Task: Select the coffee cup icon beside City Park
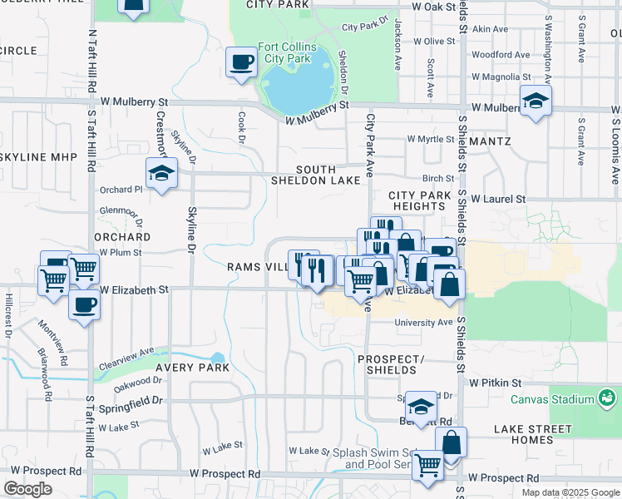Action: [x=241, y=62]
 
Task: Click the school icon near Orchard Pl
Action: [x=160, y=173]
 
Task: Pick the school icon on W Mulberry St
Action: [x=536, y=101]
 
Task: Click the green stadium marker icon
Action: [x=608, y=399]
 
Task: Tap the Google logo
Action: [x=27, y=489]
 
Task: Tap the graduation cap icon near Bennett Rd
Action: [x=422, y=406]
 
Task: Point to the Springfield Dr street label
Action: [x=134, y=400]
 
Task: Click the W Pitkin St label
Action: [x=495, y=383]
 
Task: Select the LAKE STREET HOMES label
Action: [x=532, y=435]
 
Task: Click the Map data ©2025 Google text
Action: [x=570, y=492]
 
